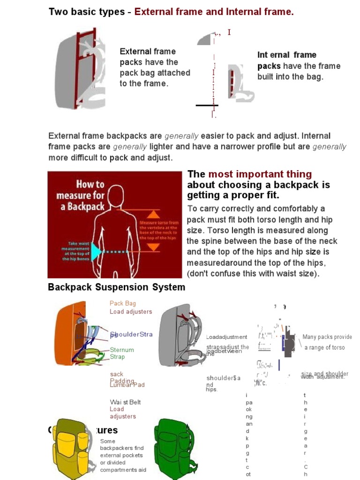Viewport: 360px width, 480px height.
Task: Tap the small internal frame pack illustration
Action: [239, 82]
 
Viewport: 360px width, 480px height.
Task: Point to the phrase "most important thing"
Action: [260, 174]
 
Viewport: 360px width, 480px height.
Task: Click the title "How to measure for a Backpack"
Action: [80, 195]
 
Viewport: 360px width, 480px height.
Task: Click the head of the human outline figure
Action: [116, 197]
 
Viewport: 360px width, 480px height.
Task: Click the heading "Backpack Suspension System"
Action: [116, 287]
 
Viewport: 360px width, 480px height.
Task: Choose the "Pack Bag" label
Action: [123, 303]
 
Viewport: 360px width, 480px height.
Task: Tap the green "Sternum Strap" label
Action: [122, 353]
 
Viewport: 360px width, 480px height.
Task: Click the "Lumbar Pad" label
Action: [127, 385]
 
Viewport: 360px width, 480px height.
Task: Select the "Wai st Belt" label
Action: [125, 402]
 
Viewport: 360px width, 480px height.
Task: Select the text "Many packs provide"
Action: [327, 337]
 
